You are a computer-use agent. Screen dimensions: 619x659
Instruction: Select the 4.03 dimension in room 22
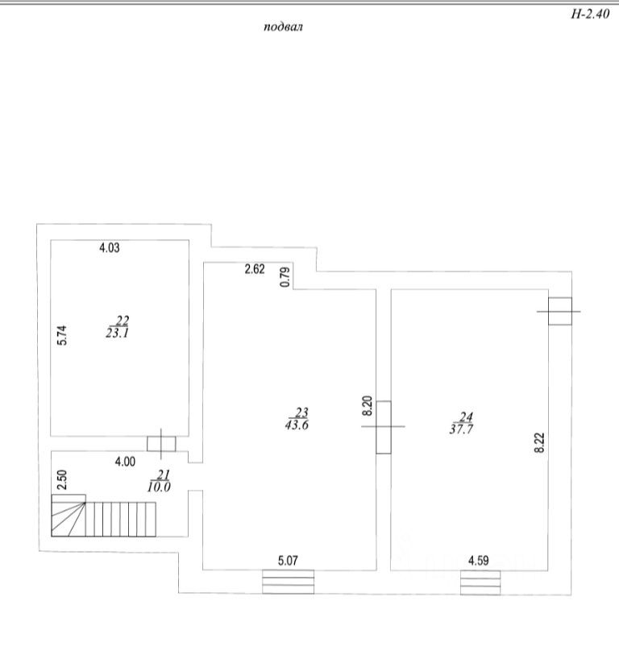pos(109,248)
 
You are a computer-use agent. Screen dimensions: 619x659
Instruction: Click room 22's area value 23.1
pos(117,332)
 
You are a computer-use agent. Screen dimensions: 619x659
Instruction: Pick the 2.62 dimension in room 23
pos(255,270)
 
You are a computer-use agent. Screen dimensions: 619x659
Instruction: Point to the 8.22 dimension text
pos(540,443)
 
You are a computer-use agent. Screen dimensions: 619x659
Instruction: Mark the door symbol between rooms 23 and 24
pos(383,426)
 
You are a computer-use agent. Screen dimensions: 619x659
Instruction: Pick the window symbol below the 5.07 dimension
pos(288,581)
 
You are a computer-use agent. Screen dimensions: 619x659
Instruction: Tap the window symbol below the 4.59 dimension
pos(480,582)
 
